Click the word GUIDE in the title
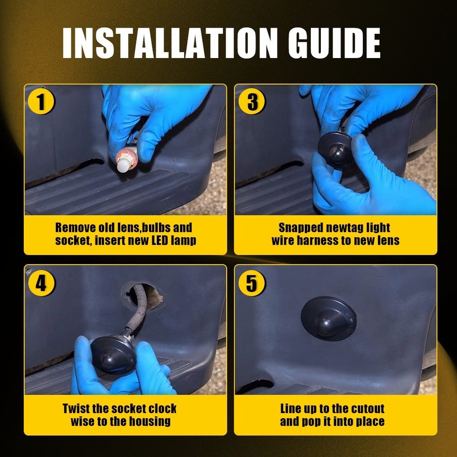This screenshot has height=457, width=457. point(334,43)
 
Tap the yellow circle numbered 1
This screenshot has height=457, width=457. point(41,101)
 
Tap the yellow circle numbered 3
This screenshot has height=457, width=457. point(251,101)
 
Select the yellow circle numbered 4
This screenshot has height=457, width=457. point(41,283)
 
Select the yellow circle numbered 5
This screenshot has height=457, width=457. point(251,283)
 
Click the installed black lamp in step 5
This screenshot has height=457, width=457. point(328,318)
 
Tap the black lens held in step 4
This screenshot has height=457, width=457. point(113,354)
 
